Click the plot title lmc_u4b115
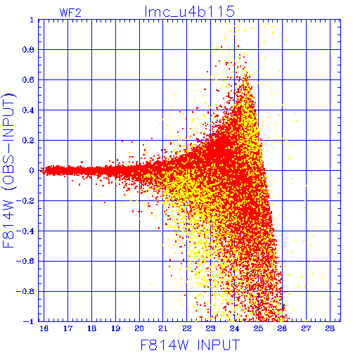tap(190, 12)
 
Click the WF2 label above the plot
tap(70, 13)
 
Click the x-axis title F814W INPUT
tap(190, 345)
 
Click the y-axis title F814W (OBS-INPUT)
tap(8, 170)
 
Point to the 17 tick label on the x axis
tap(68, 328)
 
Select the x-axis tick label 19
tap(115, 328)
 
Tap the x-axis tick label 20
tap(139, 328)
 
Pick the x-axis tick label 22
tap(187, 328)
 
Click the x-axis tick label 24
tap(234, 328)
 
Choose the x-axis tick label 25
tap(258, 328)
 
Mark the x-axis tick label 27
tap(306, 328)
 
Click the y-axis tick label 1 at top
tap(32, 20)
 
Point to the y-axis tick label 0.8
tap(28, 50)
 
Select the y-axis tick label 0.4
tap(28, 110)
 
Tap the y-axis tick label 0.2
tap(28, 141)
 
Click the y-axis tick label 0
tap(32, 171)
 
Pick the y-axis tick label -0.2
tap(25, 201)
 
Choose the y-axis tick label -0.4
tap(25, 231)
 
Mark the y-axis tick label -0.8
tap(25, 292)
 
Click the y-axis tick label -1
tap(28, 321)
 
